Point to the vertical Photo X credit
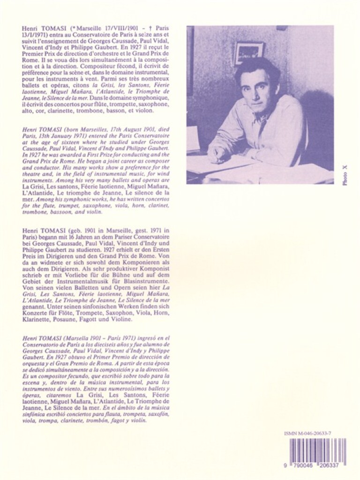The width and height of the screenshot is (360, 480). point(345,176)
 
